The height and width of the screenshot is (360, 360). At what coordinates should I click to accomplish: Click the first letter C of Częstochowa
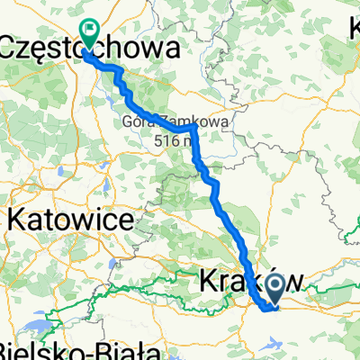tap(11, 50)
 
